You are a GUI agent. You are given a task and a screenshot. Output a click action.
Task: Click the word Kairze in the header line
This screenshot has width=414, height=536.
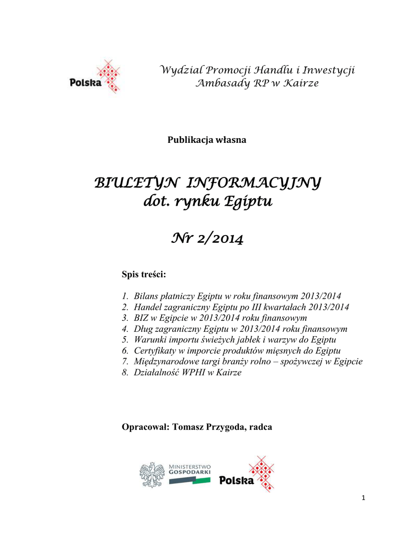click(x=300, y=84)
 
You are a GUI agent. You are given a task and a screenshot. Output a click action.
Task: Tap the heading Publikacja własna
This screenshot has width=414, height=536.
click(x=207, y=140)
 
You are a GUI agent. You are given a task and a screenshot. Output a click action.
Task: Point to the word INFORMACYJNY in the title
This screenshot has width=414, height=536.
click(x=254, y=184)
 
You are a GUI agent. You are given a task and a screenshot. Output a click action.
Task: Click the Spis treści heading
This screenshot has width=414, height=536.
click(x=143, y=274)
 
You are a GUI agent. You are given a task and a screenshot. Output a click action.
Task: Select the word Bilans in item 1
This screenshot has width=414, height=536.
click(x=146, y=296)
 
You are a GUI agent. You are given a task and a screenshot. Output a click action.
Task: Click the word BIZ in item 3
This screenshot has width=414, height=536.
click(x=142, y=318)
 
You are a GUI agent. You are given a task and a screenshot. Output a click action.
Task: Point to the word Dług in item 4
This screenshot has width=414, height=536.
click(x=143, y=329)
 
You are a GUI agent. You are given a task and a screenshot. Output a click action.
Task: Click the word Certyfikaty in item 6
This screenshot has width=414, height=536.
click(x=155, y=351)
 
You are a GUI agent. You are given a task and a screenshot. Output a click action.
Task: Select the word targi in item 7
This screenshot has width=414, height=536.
click(x=212, y=362)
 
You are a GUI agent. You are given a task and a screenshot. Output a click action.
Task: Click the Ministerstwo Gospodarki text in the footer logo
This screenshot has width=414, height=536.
click(x=189, y=469)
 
